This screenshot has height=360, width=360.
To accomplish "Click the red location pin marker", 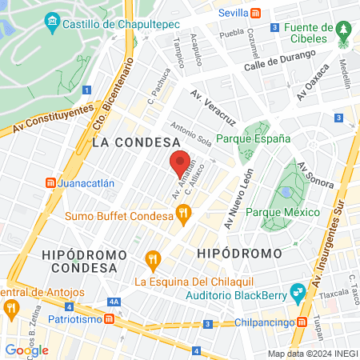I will (180, 163).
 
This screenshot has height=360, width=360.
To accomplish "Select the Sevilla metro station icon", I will (255, 13).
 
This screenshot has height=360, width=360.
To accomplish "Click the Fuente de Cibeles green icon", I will (345, 29).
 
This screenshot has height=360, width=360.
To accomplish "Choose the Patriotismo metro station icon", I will (110, 318).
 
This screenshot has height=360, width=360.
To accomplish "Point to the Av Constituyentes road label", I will (47, 122).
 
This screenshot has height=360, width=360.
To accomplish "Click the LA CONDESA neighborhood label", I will (135, 142).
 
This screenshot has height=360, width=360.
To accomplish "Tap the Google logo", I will (27, 350).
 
